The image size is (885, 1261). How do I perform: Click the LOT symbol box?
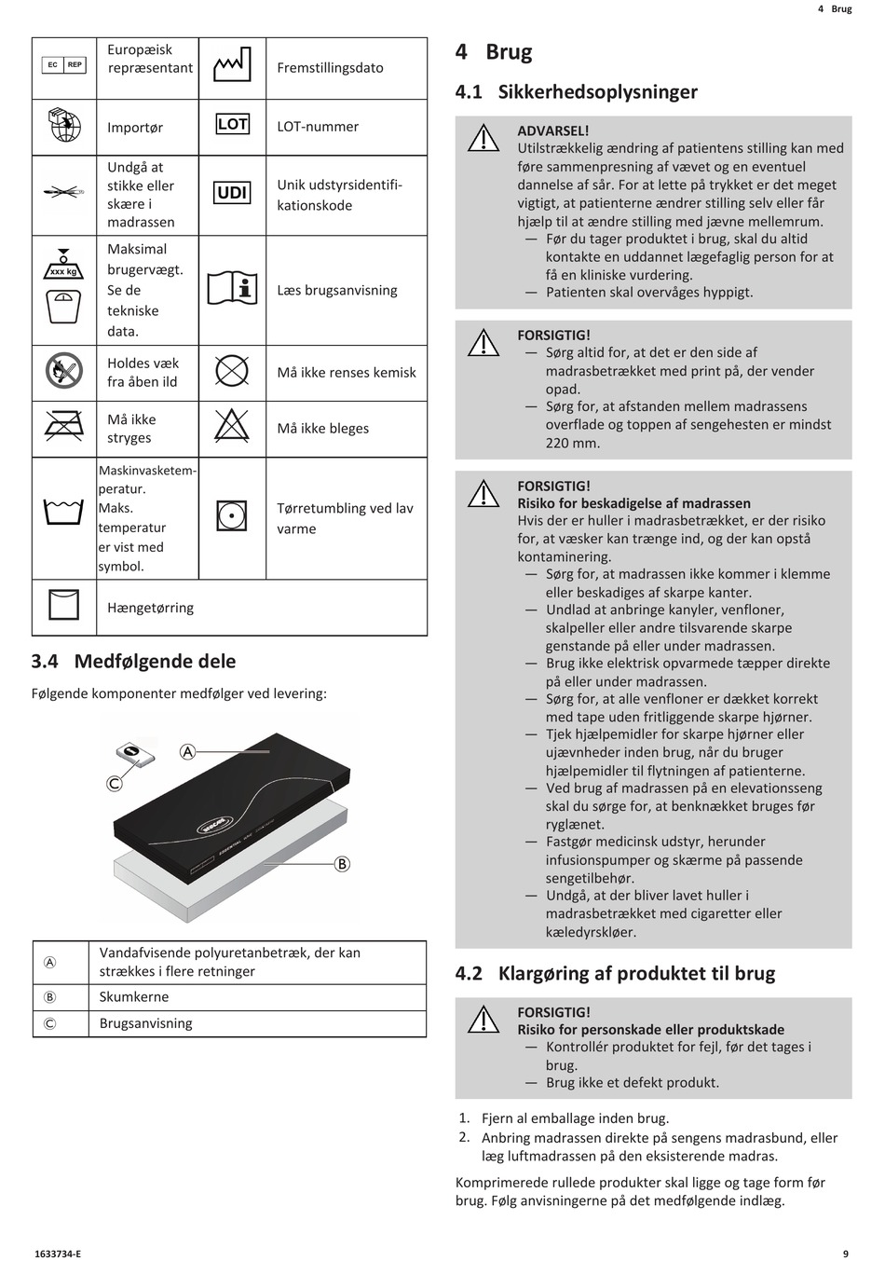point(232,124)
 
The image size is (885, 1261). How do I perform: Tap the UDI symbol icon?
point(232,193)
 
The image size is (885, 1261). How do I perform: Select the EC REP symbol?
point(64,65)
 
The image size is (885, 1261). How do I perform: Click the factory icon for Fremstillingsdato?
point(232,65)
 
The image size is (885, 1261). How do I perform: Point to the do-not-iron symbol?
point(64,427)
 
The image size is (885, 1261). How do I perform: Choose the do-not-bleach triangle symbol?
point(232,426)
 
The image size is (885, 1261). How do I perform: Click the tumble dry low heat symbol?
point(232,514)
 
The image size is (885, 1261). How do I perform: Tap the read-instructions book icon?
point(232,289)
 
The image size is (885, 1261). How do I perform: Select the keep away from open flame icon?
point(64,371)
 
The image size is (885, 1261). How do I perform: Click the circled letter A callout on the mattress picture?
point(187,752)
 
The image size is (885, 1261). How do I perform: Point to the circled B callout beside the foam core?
point(342,864)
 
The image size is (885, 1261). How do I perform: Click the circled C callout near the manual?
point(115,784)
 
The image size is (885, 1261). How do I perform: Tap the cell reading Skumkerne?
point(134,997)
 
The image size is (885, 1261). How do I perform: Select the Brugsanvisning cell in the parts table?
point(146,1023)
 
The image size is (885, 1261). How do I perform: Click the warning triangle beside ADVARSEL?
point(483,139)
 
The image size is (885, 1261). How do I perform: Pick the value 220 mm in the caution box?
point(573,443)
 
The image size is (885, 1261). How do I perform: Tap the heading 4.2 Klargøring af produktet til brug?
point(615,974)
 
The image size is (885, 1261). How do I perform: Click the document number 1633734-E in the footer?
point(56,1254)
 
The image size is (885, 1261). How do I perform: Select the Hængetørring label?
point(151,608)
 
